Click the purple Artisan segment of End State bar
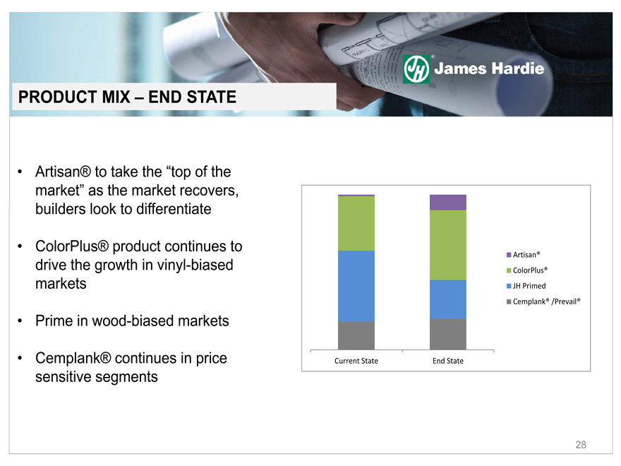click(x=448, y=203)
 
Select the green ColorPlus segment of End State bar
click(x=448, y=245)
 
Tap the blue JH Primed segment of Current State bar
click(x=356, y=286)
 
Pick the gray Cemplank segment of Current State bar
click(x=356, y=335)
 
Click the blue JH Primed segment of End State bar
click(x=448, y=299)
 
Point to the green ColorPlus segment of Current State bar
click(x=356, y=224)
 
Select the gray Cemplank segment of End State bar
click(x=448, y=334)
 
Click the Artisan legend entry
click(x=523, y=255)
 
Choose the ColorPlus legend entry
click(x=527, y=270)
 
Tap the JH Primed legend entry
click(x=526, y=286)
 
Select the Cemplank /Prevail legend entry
click(x=543, y=301)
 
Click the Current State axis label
click(x=356, y=361)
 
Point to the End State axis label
click(x=448, y=361)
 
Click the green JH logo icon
click(x=416, y=69)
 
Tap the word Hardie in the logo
click(x=517, y=68)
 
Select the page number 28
click(x=581, y=445)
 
